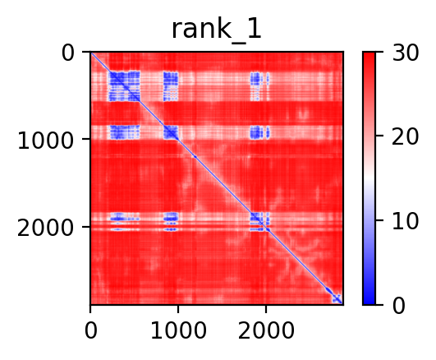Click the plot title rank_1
click(217, 30)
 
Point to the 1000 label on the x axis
click(178, 330)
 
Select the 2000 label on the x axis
click(266, 330)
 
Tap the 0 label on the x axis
click(91, 330)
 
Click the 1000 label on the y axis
click(45, 141)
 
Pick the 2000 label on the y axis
click(45, 228)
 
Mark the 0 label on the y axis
click(67, 53)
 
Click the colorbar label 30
click(405, 53)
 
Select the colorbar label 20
click(405, 136)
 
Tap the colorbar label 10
click(405, 222)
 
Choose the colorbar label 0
click(399, 307)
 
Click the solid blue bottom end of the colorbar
click(369, 302)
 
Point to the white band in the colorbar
click(369, 178)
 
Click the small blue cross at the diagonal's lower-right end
click(337, 299)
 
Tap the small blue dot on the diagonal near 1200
click(195, 157)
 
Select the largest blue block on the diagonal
click(124, 86)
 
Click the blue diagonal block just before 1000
click(171, 132)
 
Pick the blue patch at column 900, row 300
click(171, 86)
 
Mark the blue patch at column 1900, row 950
click(256, 132)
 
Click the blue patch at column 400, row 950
click(125, 132)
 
